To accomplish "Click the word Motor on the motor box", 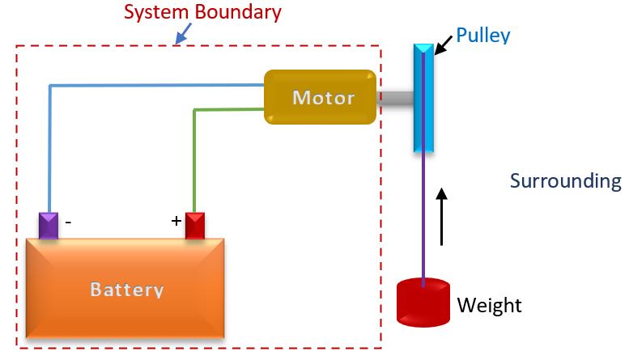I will click(x=323, y=98).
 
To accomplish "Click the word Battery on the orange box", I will click(x=126, y=289).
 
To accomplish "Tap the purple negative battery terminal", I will click(x=49, y=225).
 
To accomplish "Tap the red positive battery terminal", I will click(x=195, y=225).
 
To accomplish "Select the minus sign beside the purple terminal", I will click(x=67, y=220).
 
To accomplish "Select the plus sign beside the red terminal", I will click(x=176, y=220).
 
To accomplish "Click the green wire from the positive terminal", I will click(x=194, y=162).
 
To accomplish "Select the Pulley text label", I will click(x=483, y=35).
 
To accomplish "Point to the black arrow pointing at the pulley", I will click(x=444, y=44).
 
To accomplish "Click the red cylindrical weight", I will click(x=423, y=302).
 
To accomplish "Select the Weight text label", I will click(x=489, y=306).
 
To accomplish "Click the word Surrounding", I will click(x=565, y=180).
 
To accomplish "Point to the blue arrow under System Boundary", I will click(x=184, y=32).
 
